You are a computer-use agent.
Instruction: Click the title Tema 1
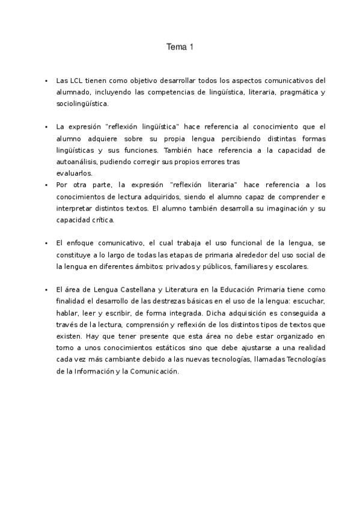180,46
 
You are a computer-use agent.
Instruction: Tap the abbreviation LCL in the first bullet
75,80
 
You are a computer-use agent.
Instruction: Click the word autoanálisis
76,162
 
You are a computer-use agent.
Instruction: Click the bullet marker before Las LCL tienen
46,80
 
